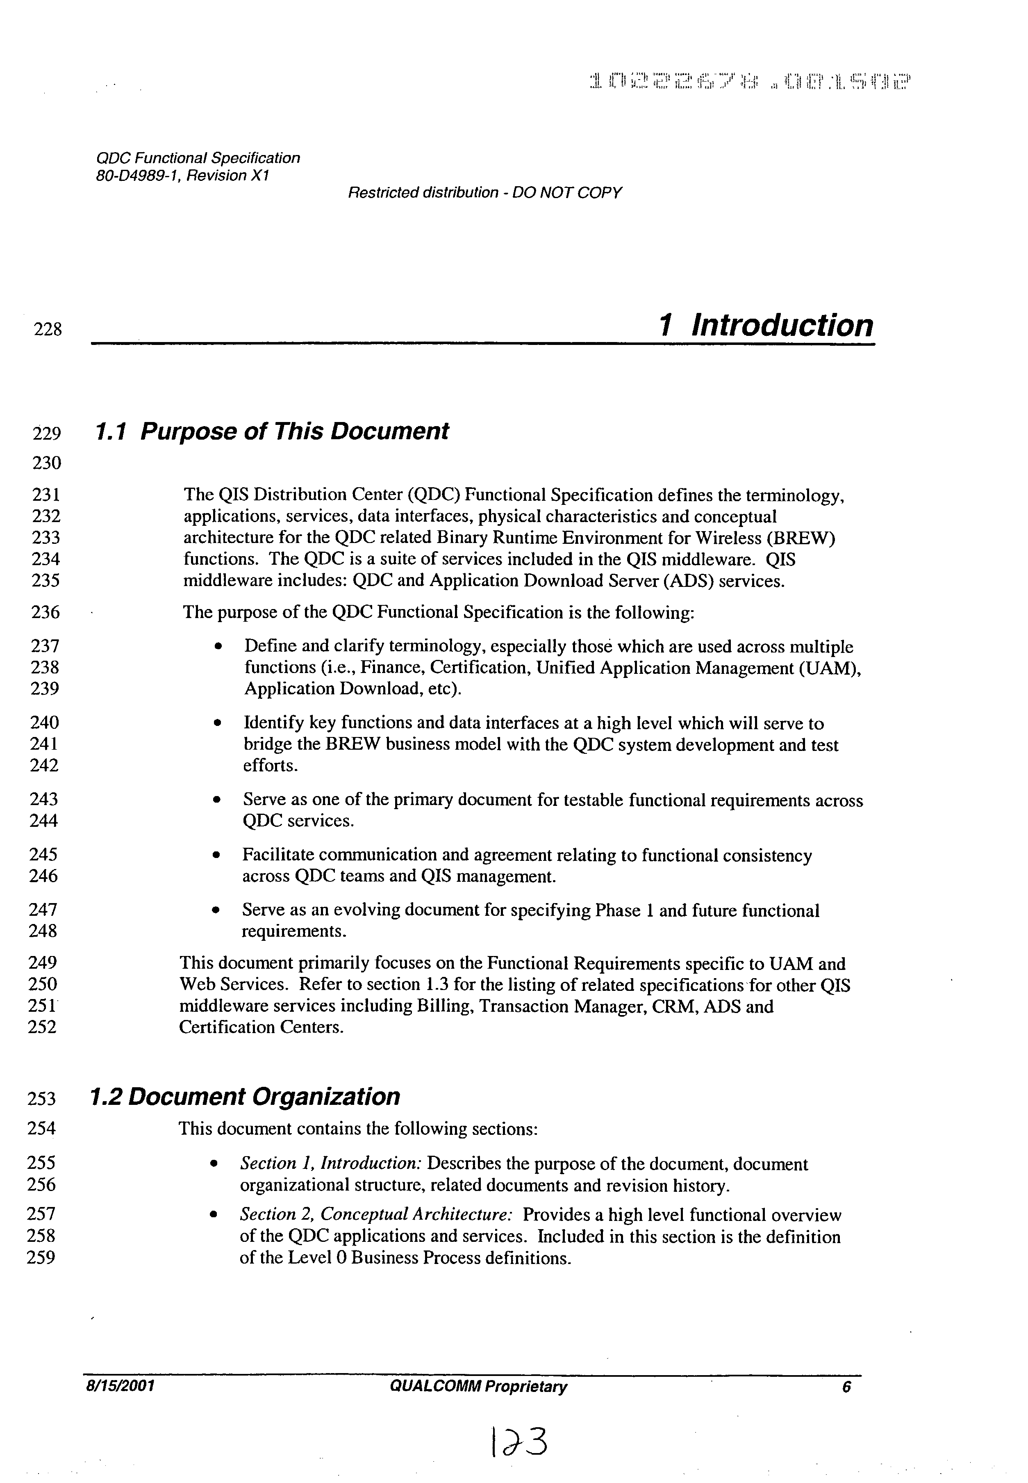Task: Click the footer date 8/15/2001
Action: [x=118, y=1386]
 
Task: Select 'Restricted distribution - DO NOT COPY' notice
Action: [x=484, y=193]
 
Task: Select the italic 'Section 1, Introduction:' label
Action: [x=331, y=1164]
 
